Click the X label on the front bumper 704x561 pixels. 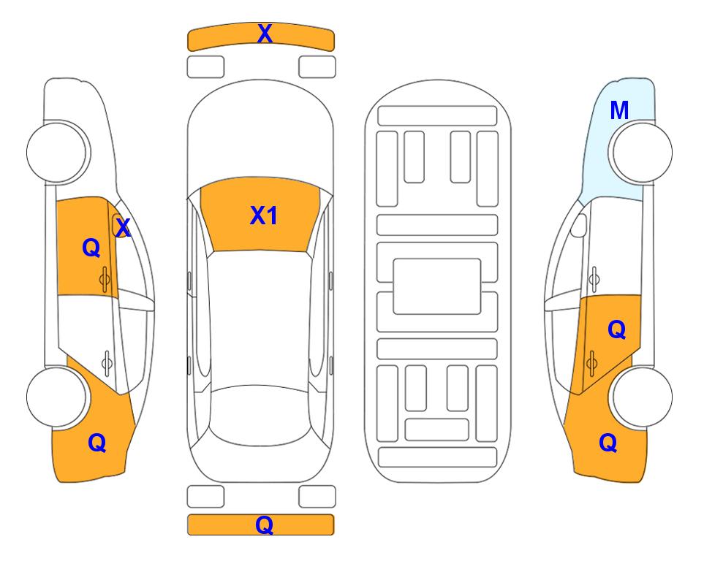pos(265,34)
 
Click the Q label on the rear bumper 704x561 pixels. pos(265,524)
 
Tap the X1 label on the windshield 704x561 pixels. pos(264,215)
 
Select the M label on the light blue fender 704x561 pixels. pos(619,110)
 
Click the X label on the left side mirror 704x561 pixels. pos(123,228)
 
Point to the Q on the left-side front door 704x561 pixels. pos(91,248)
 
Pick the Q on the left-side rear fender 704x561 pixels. pos(97,443)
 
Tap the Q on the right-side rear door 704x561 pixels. pos(617,330)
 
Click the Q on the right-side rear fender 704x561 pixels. pos(608,443)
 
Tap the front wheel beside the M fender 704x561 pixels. pos(642,152)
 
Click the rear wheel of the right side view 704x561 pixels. pos(642,397)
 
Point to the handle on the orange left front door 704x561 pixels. pos(105,279)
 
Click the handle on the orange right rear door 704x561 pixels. pos(591,363)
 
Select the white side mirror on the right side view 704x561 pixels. pos(579,225)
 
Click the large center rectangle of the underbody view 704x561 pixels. pos(437,286)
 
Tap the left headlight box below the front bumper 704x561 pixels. pos(205,67)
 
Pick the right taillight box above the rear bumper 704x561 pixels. pos(317,497)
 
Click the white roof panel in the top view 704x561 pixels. pos(260,318)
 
